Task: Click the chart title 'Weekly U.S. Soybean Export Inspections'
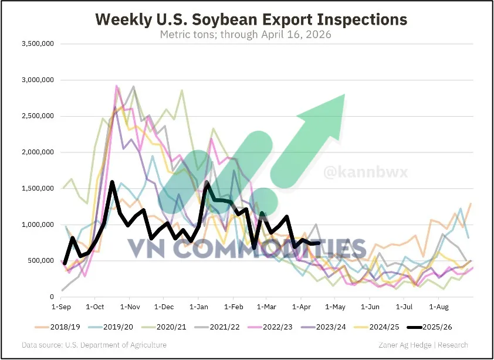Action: (x=251, y=19)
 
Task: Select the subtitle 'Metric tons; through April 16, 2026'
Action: (x=246, y=35)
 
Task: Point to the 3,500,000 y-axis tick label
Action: (x=38, y=44)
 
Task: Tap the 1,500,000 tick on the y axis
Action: (x=38, y=188)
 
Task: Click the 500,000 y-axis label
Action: (x=41, y=261)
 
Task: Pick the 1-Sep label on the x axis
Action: (x=61, y=306)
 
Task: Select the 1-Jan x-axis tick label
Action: (x=199, y=306)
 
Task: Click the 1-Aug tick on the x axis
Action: (x=439, y=306)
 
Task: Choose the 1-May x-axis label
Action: (x=335, y=306)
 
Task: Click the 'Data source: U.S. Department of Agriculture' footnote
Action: (x=94, y=345)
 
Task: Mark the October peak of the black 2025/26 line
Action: (x=112, y=182)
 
